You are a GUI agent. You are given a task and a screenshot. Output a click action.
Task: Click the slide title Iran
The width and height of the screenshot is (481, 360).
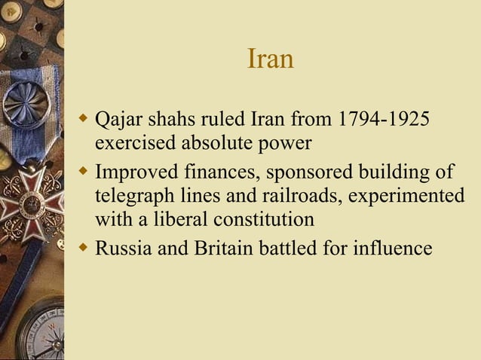[x=270, y=59]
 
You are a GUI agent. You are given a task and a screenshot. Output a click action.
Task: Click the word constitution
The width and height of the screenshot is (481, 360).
[x=262, y=220]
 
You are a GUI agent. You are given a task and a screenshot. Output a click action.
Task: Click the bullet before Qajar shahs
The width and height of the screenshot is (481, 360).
[x=84, y=119]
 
